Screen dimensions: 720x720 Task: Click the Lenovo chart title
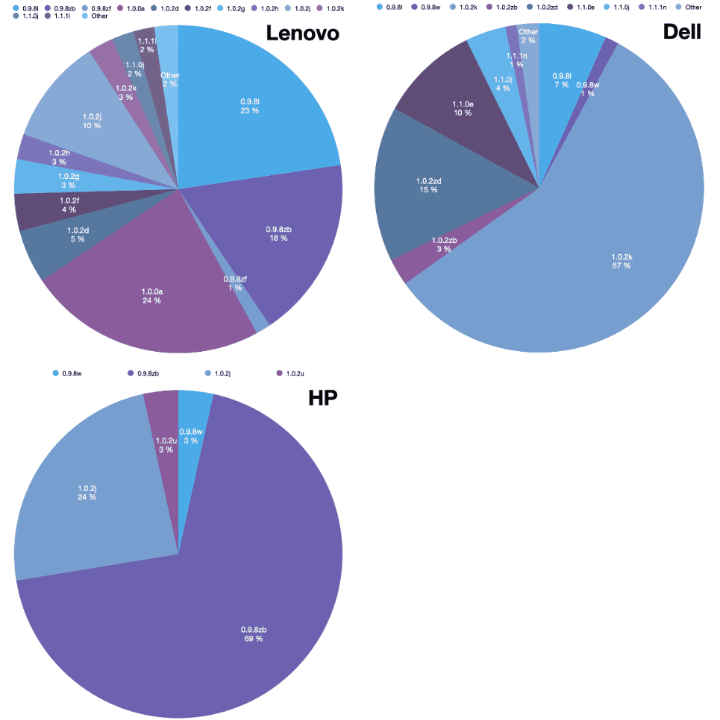[302, 34]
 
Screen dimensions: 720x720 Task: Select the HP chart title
[323, 397]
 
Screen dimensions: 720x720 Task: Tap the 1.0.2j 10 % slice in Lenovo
[91, 121]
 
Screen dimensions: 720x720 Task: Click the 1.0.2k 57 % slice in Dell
[621, 260]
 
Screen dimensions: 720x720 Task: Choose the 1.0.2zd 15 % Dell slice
[429, 185]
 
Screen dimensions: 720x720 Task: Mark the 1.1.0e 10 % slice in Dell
[462, 108]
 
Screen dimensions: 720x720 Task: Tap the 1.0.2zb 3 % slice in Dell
[442, 245]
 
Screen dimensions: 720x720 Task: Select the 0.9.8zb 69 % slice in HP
[252, 634]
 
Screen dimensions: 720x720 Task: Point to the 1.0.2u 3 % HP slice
[165, 445]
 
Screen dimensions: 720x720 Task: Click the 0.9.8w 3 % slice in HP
[191, 436]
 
